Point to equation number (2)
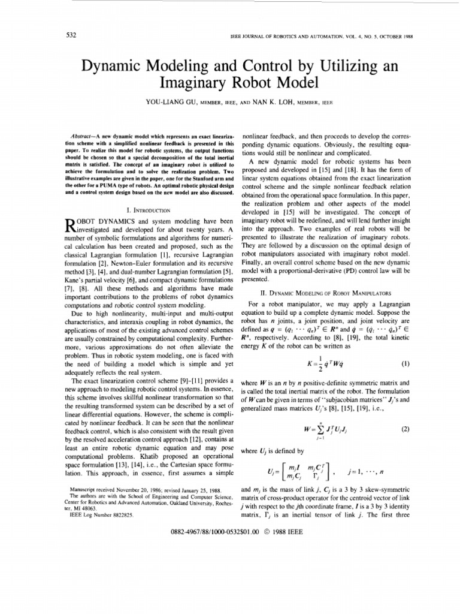(395, 429)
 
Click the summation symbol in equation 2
(310, 430)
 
